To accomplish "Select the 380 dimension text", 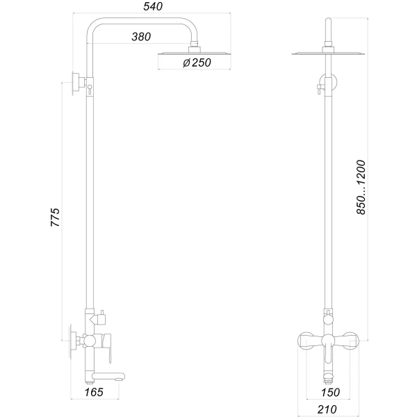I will tap(142, 38).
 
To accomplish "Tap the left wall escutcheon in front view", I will tap(304, 341).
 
